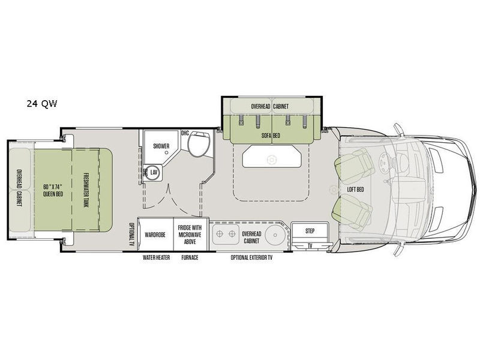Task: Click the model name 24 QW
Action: (x=41, y=104)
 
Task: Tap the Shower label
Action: (x=161, y=146)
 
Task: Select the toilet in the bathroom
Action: (x=199, y=144)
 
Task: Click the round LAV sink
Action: (x=154, y=173)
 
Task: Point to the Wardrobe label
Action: (x=155, y=235)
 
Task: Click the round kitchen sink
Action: (x=275, y=235)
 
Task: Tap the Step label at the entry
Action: (x=310, y=231)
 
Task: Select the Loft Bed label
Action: (x=355, y=190)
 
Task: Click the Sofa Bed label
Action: (x=271, y=136)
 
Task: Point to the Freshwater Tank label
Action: (x=86, y=190)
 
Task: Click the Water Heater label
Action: (x=156, y=257)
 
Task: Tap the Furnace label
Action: (x=190, y=257)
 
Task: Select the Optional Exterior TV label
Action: (x=251, y=257)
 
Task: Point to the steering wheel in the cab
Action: (x=384, y=160)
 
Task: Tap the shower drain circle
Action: (x=167, y=152)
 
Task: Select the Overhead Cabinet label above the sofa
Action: (x=269, y=106)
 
